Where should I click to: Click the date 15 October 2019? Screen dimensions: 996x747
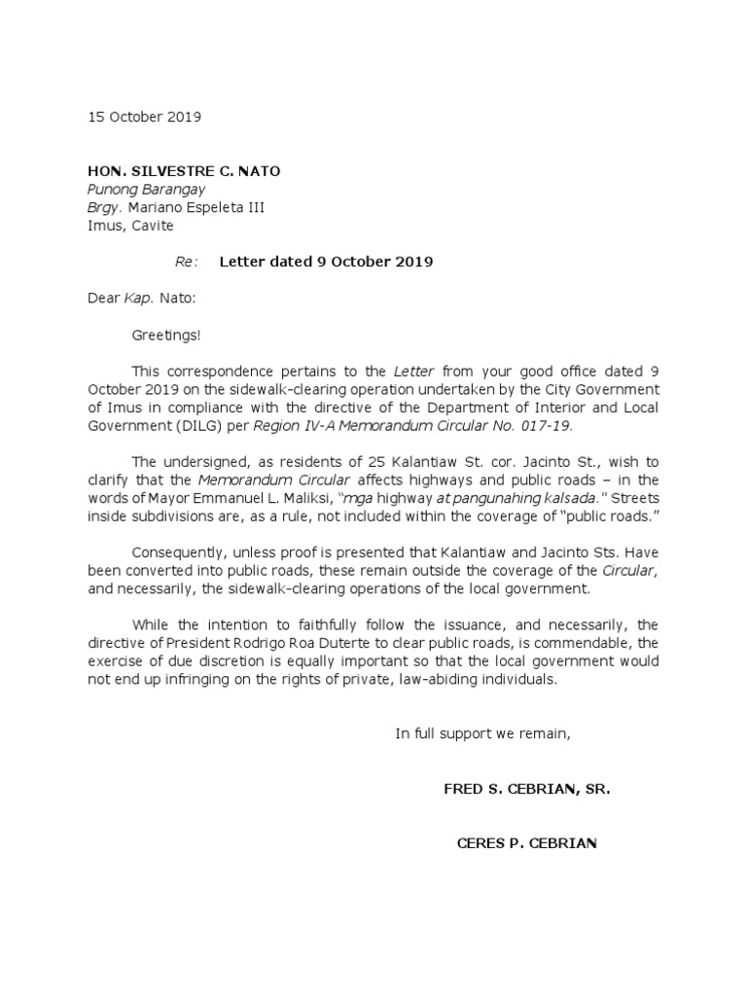coord(144,117)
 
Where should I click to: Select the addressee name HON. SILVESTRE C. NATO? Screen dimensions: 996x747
coord(184,171)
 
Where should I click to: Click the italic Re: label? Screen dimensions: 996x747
coord(187,262)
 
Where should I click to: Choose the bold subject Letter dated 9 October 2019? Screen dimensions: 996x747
coord(326,262)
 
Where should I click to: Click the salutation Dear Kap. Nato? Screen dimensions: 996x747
coord(142,298)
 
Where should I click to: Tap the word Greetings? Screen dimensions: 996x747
coord(166,335)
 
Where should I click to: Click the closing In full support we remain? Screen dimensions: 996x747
coord(482,733)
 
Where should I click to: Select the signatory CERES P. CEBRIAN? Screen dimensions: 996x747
coord(527,842)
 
